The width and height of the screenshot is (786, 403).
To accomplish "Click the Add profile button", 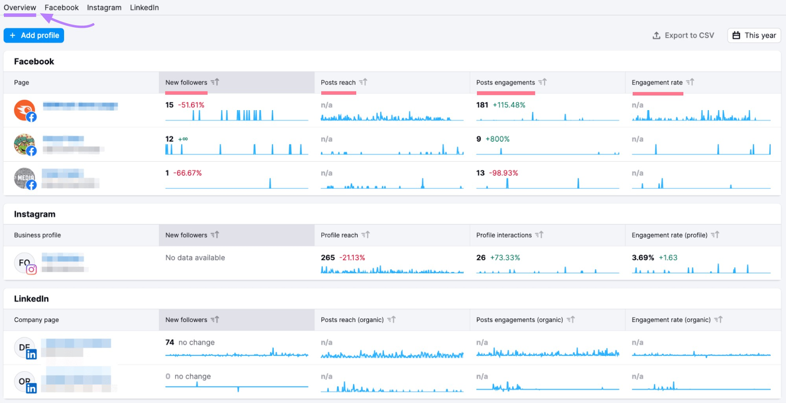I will pos(34,35).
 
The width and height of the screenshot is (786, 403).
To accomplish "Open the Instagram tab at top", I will pos(104,7).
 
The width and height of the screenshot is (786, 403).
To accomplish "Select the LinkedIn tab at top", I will pos(144,7).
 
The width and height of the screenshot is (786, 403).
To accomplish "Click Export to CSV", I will pos(683,35).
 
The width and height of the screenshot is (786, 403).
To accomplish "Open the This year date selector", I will pos(754,35).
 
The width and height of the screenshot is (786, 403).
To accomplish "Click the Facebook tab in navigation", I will pos(61,7).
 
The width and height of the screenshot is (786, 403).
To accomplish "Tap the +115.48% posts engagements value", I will pos(509,105).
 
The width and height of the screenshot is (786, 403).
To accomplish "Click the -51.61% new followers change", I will pos(191,105).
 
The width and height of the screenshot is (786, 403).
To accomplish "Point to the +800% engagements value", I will pos(498,139).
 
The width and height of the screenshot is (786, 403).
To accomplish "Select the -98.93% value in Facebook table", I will pos(504,173).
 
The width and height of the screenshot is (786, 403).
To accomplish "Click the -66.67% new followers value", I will pos(189,173).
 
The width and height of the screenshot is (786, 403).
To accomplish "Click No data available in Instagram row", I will pos(195,258).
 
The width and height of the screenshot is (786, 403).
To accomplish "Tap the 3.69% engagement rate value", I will pos(643,258).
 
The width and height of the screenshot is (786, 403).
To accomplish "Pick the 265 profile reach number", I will pos(328,258).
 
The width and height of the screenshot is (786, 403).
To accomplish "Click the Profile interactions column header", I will pos(504,235).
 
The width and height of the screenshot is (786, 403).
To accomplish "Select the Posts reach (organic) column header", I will pos(352,320).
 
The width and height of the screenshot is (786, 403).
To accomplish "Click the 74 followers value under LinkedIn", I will pos(169,343).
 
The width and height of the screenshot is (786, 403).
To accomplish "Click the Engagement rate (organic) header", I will pos(671,320).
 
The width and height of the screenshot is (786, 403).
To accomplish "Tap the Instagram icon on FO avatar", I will pos(31,269).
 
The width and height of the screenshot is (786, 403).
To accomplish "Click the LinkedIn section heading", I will pos(31,299).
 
